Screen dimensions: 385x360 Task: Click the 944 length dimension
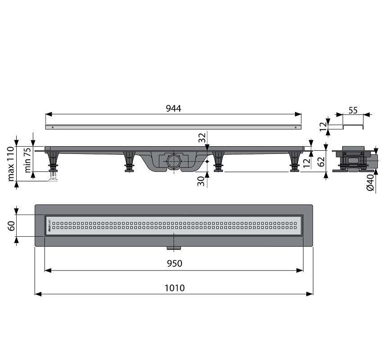point(173,108)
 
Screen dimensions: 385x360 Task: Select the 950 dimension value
point(175,263)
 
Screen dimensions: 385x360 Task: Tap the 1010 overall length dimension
point(175,288)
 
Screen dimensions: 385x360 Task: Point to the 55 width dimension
point(353,110)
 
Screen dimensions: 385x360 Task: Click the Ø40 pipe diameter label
point(370,183)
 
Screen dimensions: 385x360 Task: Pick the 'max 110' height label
point(11,164)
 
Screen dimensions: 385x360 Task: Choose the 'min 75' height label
point(27,160)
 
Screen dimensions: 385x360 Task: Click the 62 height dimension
point(321,161)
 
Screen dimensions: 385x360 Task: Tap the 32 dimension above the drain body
point(202,138)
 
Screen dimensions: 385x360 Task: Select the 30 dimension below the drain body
point(201,181)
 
